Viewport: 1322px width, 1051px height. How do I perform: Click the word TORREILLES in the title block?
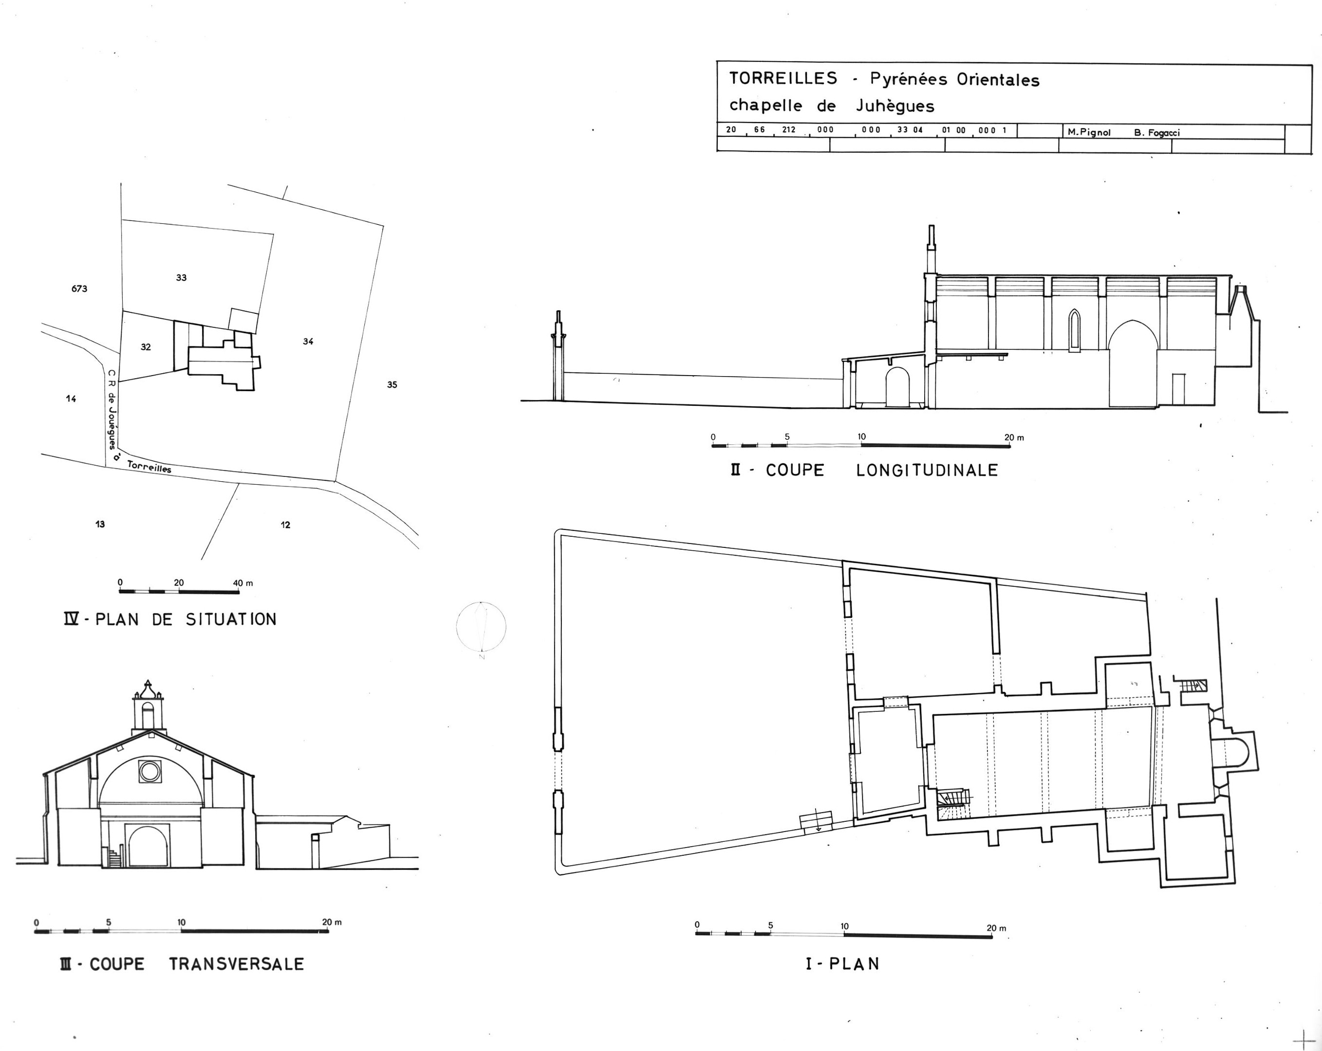[x=783, y=78]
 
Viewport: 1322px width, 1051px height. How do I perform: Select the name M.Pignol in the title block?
[x=1089, y=132]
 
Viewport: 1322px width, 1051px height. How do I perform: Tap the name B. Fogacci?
[x=1157, y=132]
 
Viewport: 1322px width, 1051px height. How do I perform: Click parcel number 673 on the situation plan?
[x=79, y=289]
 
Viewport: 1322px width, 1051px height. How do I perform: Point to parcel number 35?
[x=392, y=385]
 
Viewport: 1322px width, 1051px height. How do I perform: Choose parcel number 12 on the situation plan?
[x=285, y=525]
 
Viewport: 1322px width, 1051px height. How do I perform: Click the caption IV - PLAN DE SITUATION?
[x=170, y=619]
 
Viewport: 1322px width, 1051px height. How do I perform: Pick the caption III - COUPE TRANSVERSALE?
[x=182, y=964]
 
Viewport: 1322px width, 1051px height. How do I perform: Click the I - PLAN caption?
[x=842, y=964]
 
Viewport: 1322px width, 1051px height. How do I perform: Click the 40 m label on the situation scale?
[x=243, y=583]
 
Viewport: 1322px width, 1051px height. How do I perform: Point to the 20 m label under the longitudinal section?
[x=1014, y=437]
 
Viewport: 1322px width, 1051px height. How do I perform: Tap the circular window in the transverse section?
[x=149, y=771]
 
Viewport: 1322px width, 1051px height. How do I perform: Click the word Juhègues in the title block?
[x=894, y=106]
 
